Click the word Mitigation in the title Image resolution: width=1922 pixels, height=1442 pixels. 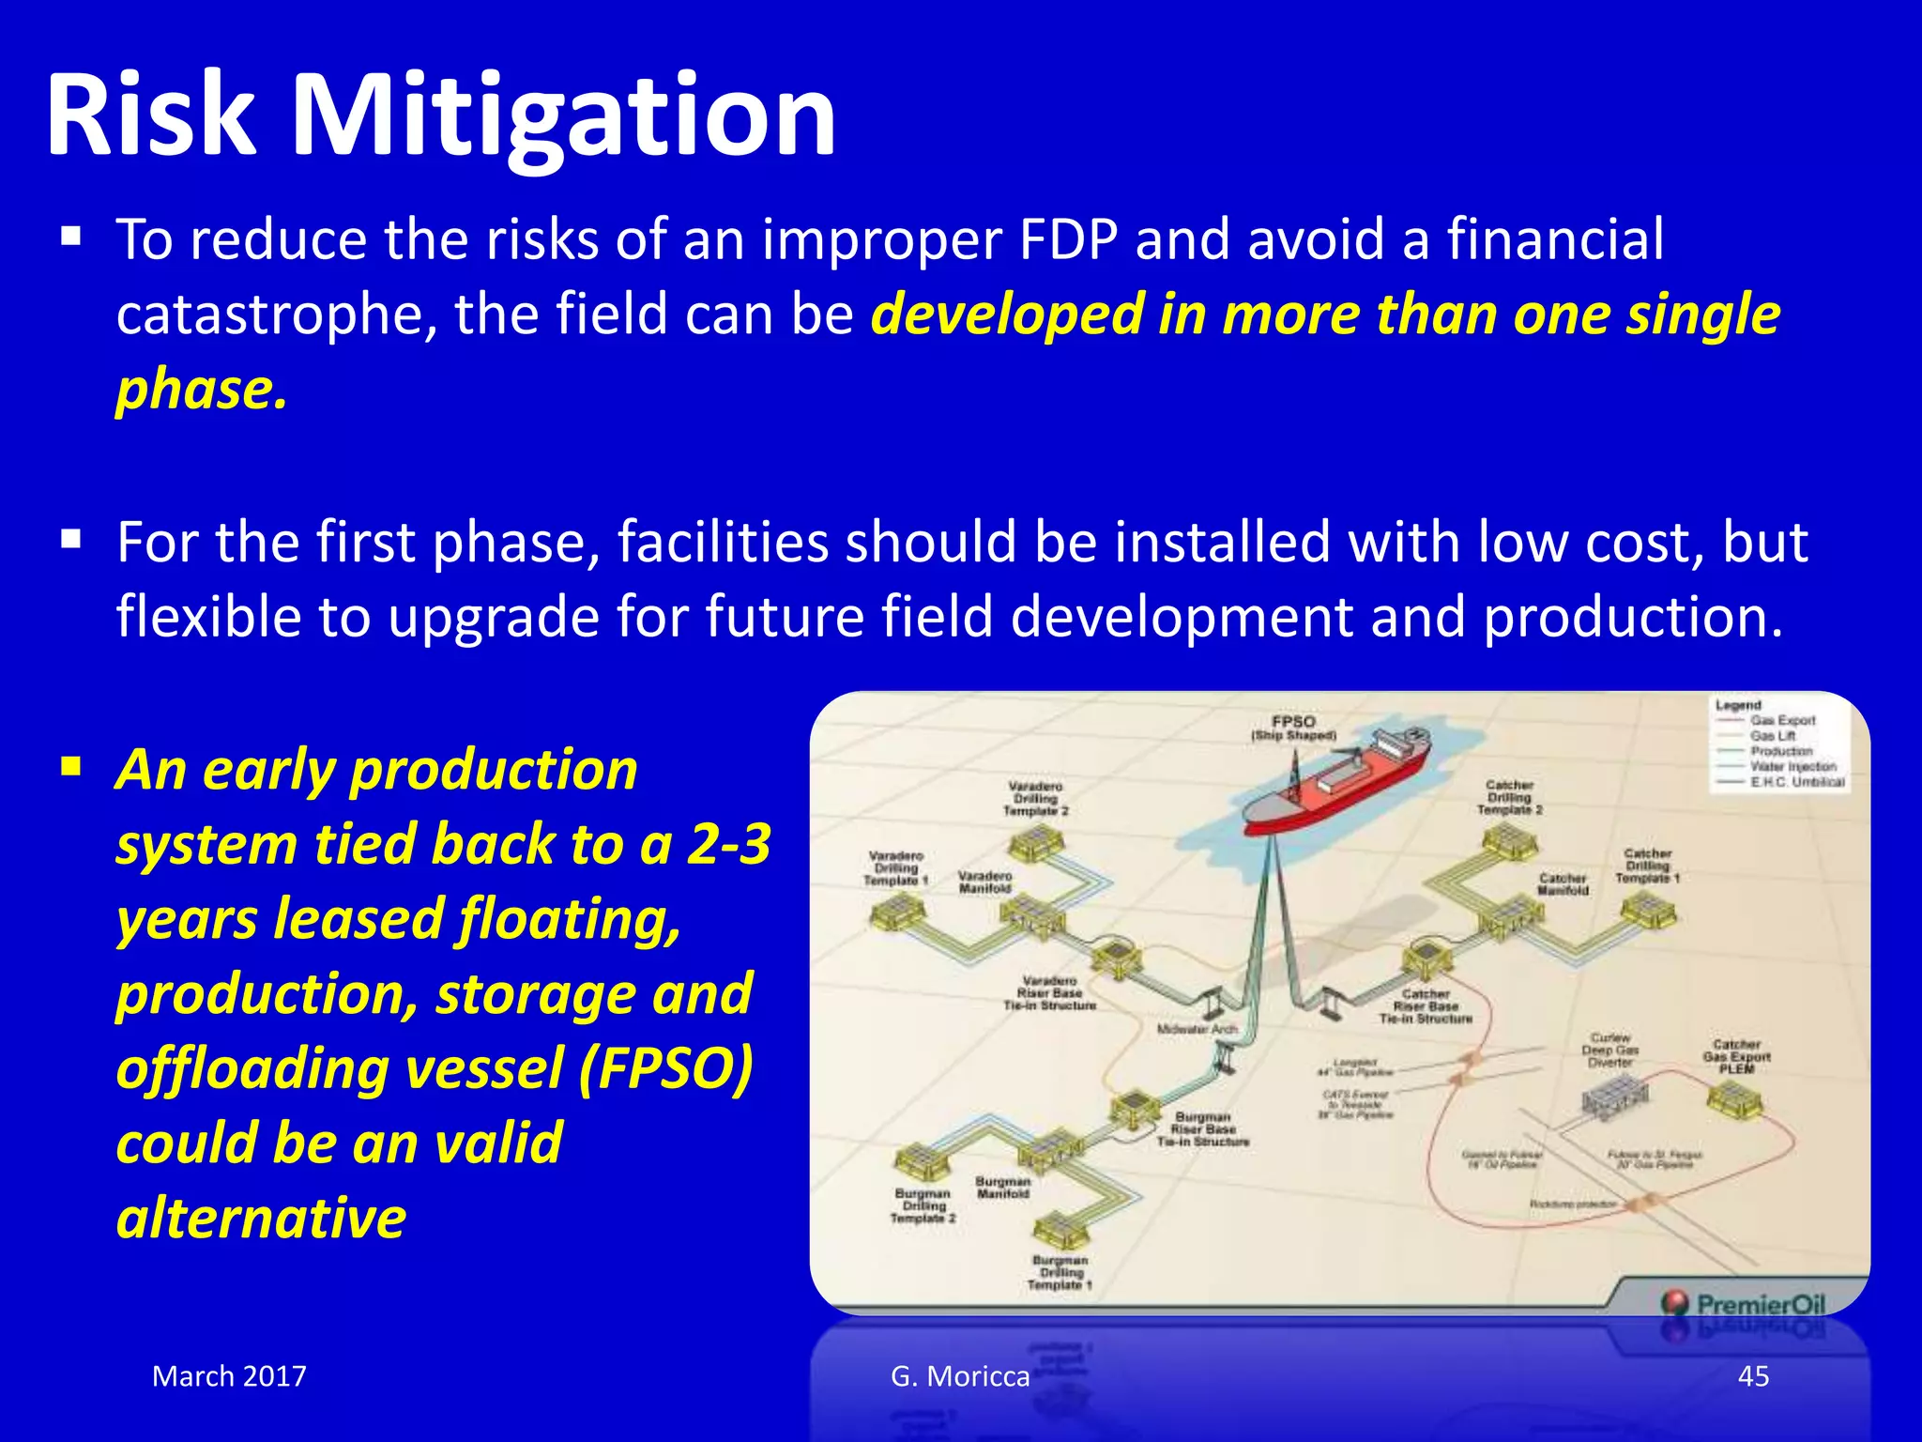coord(563,117)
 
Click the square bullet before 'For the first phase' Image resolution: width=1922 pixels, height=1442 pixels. coord(70,540)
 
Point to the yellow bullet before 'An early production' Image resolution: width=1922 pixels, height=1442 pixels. coord(70,769)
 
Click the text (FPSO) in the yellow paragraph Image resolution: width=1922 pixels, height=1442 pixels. coord(665,1067)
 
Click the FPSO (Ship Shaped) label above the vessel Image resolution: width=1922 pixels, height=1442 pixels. coord(1293,728)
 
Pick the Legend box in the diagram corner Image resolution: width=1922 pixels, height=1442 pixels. coord(1778,744)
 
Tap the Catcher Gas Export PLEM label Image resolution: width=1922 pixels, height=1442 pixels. coord(1736,1056)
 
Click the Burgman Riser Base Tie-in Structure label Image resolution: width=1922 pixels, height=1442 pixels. coord(1202,1129)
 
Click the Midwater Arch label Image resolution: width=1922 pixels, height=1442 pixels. coord(1197,1029)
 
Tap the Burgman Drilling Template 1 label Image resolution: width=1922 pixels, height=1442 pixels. coord(1060,1272)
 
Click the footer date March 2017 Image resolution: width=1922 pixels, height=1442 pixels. coord(229,1376)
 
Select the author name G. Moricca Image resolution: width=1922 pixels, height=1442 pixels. coord(960,1376)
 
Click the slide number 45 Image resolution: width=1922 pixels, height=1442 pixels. coord(1753,1376)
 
